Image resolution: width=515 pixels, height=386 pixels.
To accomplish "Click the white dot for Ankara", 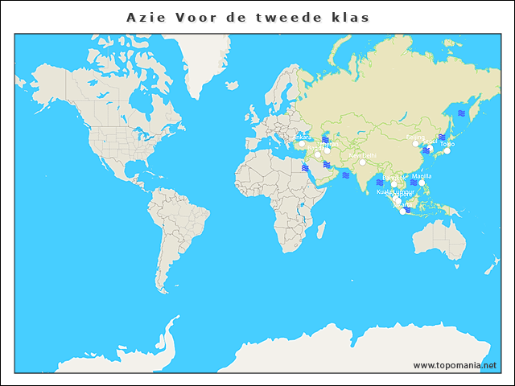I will pyautogui.click(x=303, y=145).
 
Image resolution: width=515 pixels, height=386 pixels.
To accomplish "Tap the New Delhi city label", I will pyautogui.click(x=362, y=155).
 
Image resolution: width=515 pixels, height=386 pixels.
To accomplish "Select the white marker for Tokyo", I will pyautogui.click(x=447, y=151).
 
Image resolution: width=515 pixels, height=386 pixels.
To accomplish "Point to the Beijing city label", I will pyautogui.click(x=415, y=138).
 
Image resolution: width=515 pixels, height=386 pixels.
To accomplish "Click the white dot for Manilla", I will pyautogui.click(x=422, y=183).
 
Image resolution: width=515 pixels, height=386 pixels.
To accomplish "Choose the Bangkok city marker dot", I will pyautogui.click(x=393, y=184).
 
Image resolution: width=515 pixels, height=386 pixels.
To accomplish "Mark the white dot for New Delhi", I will pyautogui.click(x=362, y=162).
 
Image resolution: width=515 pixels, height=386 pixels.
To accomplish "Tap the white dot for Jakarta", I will pyautogui.click(x=402, y=211).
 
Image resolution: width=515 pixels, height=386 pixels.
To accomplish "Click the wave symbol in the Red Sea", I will pyautogui.click(x=306, y=168).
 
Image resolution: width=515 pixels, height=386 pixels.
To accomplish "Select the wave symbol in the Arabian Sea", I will pyautogui.click(x=344, y=175).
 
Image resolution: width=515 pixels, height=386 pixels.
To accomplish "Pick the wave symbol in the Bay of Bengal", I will pyautogui.click(x=379, y=182).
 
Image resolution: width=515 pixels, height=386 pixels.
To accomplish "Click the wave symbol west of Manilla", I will pyautogui.click(x=413, y=183).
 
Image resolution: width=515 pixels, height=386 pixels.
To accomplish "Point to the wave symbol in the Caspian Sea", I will pyautogui.click(x=325, y=140).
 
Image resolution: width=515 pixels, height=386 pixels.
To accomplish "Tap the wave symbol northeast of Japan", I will pyautogui.click(x=461, y=113).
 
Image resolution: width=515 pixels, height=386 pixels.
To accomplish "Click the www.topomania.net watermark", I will pyautogui.click(x=455, y=365).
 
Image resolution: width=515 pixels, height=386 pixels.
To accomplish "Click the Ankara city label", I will pyautogui.click(x=303, y=137).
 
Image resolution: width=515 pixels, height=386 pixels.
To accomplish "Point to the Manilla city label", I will pyautogui.click(x=422, y=175).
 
